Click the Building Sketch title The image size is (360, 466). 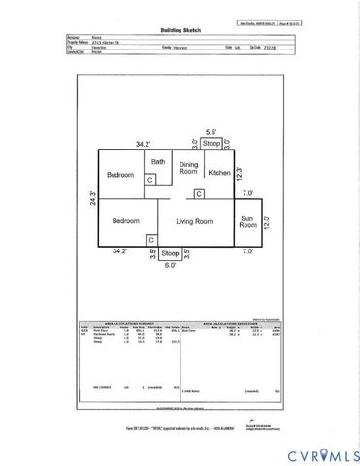pos(180,30)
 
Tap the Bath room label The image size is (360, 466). pos(158,162)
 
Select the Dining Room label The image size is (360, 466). pos(188,170)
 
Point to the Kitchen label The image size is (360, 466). pos(219,173)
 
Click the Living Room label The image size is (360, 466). pos(193,221)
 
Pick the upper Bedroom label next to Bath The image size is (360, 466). pos(119,175)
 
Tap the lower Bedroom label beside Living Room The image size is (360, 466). pos(124,221)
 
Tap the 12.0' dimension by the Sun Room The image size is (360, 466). pos(267,221)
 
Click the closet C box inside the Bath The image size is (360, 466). pos(150,180)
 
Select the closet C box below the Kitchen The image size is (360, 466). pos(198,194)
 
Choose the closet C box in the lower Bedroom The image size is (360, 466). pos(150,239)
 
